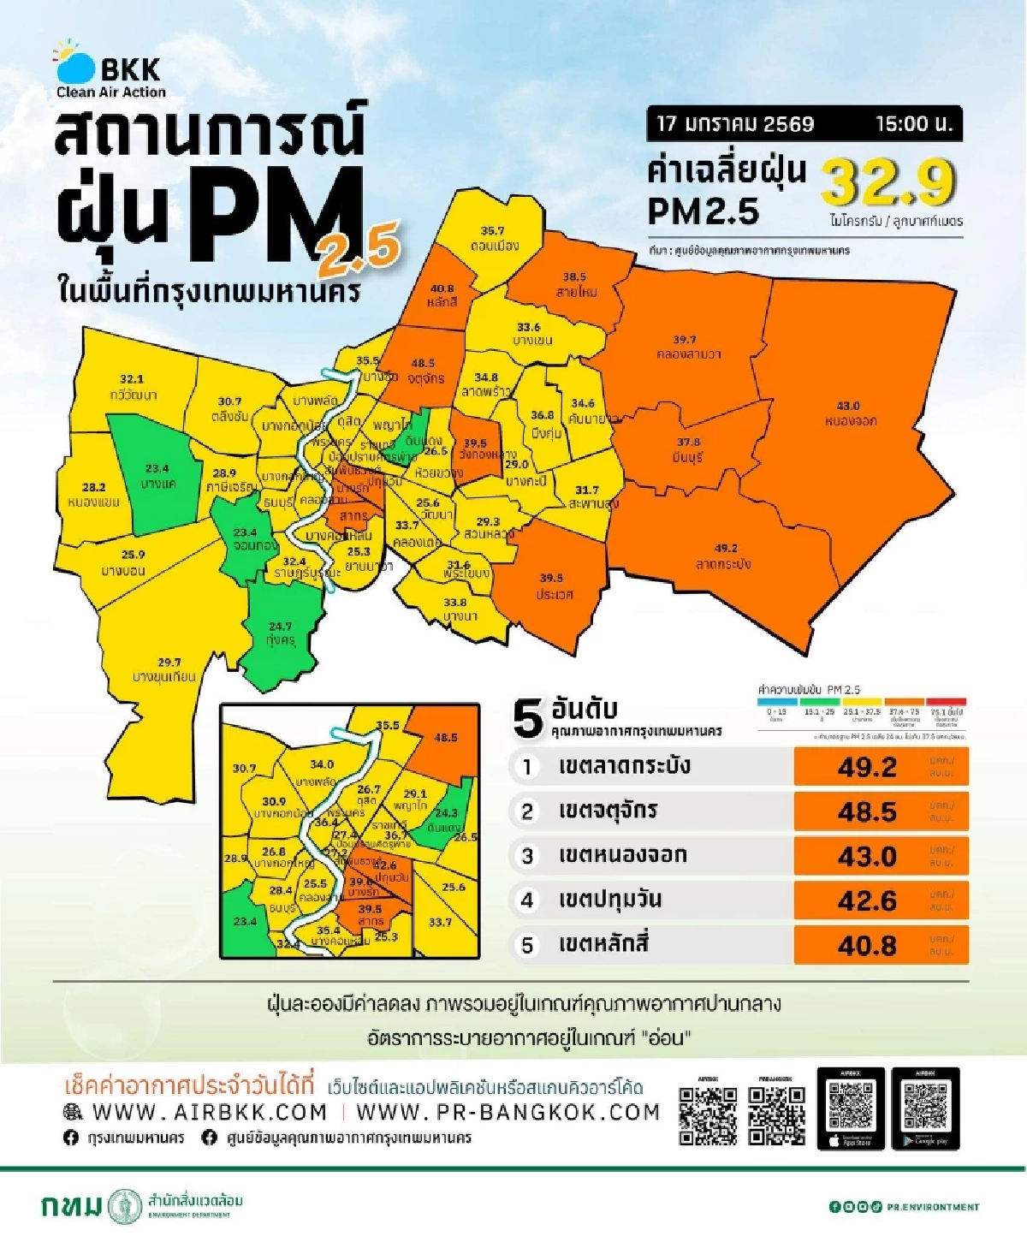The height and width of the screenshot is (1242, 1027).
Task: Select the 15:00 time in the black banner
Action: click(913, 124)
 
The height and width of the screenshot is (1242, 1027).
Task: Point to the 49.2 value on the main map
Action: click(726, 549)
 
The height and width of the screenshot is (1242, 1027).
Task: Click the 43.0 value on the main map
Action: click(847, 406)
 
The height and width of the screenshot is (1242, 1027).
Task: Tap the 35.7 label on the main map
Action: click(492, 231)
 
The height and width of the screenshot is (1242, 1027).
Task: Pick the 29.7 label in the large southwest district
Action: click(169, 662)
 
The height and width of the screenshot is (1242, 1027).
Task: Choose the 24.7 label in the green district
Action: click(280, 627)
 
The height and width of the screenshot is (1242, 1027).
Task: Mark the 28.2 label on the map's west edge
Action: click(93, 486)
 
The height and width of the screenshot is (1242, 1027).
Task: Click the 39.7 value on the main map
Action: click(684, 340)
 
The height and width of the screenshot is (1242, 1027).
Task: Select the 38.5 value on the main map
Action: click(574, 276)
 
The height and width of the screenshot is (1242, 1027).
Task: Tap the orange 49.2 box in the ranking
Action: click(881, 767)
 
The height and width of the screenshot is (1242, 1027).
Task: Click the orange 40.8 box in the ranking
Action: click(881, 945)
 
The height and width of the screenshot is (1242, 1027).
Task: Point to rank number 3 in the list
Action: click(527, 856)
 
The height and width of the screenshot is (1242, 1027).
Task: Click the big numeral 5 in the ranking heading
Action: click(528, 718)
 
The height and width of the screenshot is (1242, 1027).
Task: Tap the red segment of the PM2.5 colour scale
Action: click(946, 701)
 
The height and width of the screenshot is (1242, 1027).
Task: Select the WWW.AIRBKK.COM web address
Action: click(209, 1112)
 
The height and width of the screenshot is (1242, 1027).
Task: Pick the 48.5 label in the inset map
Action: click(446, 737)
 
